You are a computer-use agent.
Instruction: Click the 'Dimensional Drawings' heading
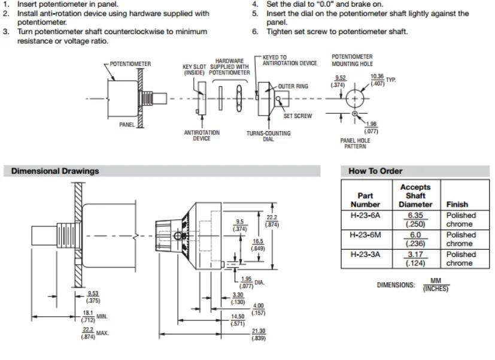coord(55,171)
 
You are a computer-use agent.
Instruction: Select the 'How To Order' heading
coord(375,171)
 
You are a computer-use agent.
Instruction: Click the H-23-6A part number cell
coord(366,216)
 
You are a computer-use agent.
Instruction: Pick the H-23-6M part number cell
coord(366,235)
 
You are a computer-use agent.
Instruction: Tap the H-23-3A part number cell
coord(366,255)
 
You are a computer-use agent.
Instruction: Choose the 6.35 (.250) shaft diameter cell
coord(415,219)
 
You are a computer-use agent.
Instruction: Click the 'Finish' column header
coord(457,204)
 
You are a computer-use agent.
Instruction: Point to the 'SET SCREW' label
coord(297,116)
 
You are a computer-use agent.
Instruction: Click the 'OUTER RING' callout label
coord(293,86)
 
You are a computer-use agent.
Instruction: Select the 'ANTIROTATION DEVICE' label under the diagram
coord(202,135)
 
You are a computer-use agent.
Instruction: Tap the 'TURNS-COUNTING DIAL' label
coord(269,136)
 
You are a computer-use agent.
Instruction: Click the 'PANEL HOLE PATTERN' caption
coord(355,143)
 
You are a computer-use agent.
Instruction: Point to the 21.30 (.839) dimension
coord(259,335)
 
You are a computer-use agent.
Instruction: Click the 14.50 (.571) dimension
coord(238,320)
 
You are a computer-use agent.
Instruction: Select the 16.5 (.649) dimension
coord(258,245)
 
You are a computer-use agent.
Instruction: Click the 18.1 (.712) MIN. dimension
coord(95,316)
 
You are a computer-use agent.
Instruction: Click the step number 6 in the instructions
coord(255,32)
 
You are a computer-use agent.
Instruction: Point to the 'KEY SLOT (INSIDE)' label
coord(194,70)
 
